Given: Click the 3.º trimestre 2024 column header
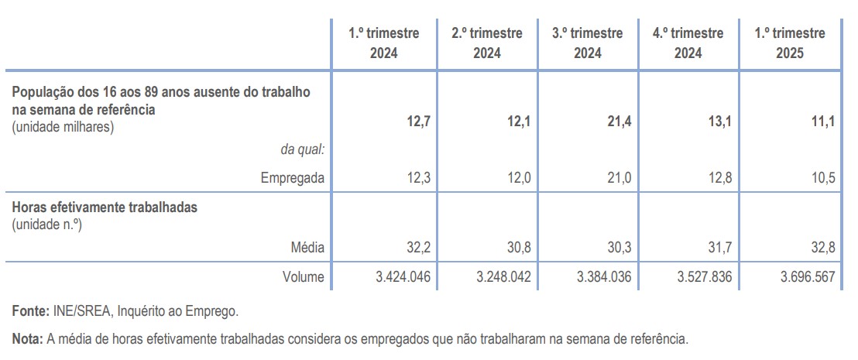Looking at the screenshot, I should pyautogui.click(x=587, y=43).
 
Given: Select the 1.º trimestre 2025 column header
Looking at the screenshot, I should pyautogui.click(x=790, y=43).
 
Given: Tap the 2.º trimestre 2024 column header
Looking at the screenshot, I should pyautogui.click(x=486, y=43).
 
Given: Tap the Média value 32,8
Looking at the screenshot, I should pyautogui.click(x=822, y=248).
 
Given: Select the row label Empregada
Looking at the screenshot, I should pyautogui.click(x=293, y=179).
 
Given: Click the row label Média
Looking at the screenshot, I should pyautogui.click(x=307, y=248).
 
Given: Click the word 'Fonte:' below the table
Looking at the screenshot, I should pyautogui.click(x=31, y=312).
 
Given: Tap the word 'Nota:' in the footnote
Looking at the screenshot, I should pyautogui.click(x=28, y=339).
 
